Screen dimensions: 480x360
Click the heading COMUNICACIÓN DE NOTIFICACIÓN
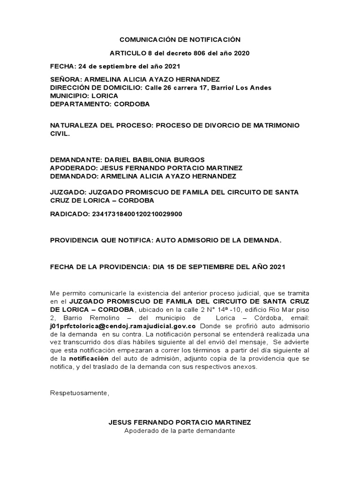(x=180, y=40)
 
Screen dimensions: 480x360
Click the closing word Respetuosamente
(x=79, y=393)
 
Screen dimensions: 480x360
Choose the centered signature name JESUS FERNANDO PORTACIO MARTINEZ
(x=180, y=422)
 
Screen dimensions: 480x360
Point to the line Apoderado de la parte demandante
(x=180, y=430)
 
